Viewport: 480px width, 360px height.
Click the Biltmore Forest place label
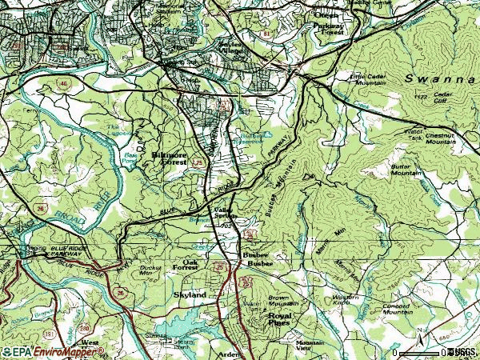coord(170,158)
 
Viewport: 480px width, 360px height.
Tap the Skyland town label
coord(190,295)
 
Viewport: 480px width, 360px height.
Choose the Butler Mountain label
coord(406,169)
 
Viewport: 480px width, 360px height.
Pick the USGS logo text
coord(462,351)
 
